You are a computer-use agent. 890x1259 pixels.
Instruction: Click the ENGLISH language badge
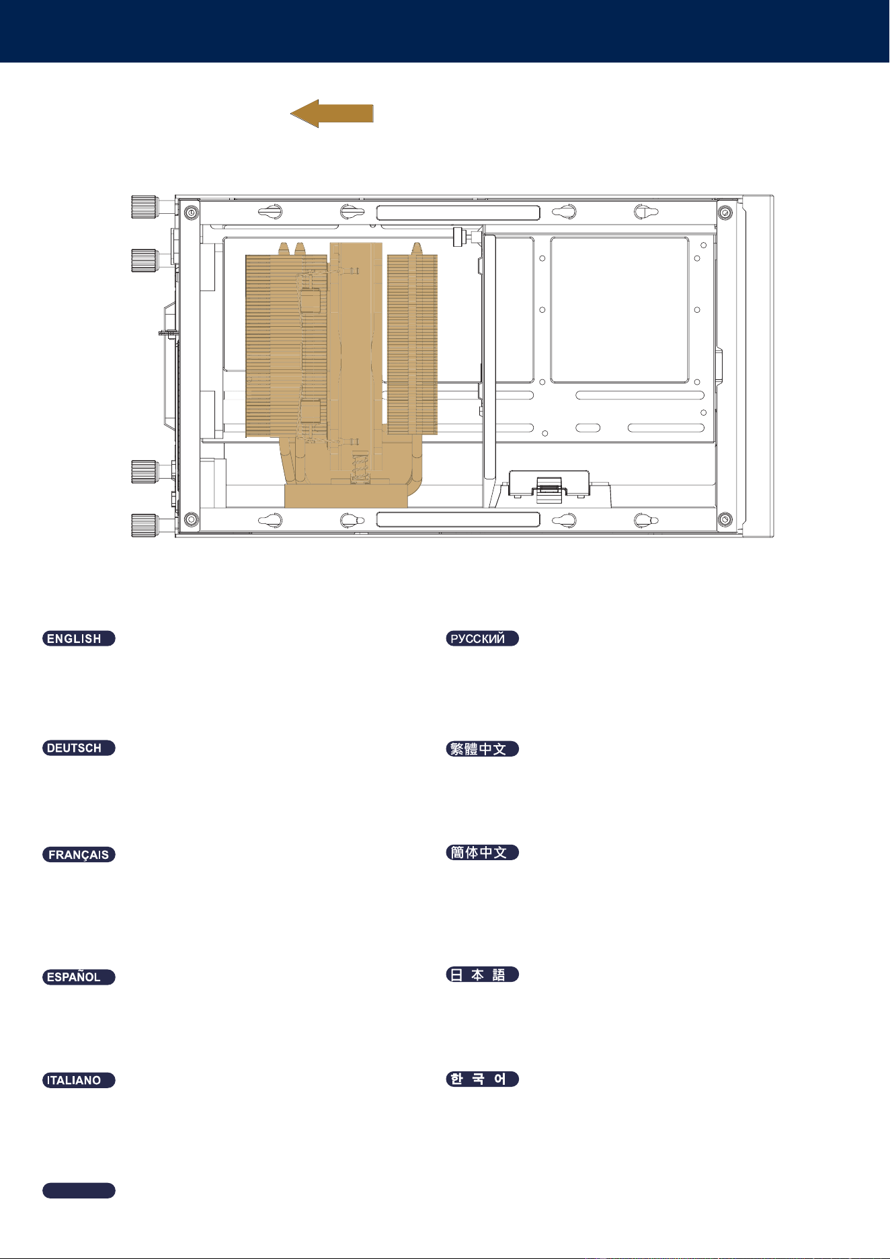[x=79, y=638]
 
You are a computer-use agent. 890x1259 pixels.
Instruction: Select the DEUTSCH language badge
[x=79, y=748]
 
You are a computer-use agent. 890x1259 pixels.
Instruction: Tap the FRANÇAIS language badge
[x=79, y=855]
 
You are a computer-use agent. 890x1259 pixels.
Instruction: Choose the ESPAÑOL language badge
[x=79, y=977]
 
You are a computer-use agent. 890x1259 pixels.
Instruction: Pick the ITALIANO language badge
[x=79, y=1080]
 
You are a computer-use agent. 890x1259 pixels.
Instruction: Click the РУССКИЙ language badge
[x=483, y=638]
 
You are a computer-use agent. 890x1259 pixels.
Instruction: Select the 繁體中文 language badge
[x=483, y=749]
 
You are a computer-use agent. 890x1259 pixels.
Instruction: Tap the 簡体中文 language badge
[x=483, y=852]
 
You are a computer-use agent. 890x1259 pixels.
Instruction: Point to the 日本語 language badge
[x=483, y=975]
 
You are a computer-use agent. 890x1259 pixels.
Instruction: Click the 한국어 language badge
[x=483, y=1079]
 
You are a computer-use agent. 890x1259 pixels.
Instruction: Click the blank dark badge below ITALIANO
[x=79, y=1190]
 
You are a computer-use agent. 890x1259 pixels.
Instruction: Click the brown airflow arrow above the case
[x=331, y=114]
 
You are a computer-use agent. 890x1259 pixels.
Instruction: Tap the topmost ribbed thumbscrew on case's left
[x=144, y=207]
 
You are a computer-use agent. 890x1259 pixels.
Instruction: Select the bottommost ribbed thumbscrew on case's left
[x=144, y=525]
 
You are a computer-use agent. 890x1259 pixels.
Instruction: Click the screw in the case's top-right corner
[x=725, y=213]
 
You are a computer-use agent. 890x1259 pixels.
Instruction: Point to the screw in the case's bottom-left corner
[x=191, y=519]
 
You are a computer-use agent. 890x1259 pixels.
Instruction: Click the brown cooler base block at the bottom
[x=346, y=495]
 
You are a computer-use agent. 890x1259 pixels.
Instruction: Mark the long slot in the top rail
[x=458, y=213]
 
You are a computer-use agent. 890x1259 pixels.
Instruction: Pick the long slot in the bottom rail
[x=458, y=519]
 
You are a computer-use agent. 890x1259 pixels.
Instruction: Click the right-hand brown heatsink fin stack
[x=413, y=344]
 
